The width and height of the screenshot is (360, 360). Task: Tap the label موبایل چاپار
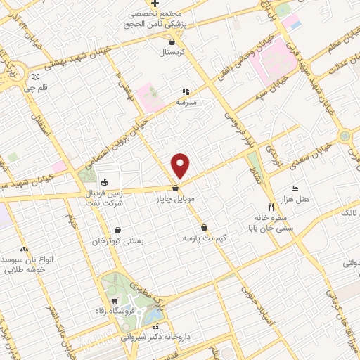pos(174,199)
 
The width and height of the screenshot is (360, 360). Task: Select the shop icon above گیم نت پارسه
pos(204,228)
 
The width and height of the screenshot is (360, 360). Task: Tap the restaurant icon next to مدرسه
pos(186,91)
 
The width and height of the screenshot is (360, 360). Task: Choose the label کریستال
pos(171,53)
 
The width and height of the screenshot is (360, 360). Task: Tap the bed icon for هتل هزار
pos(295,189)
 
